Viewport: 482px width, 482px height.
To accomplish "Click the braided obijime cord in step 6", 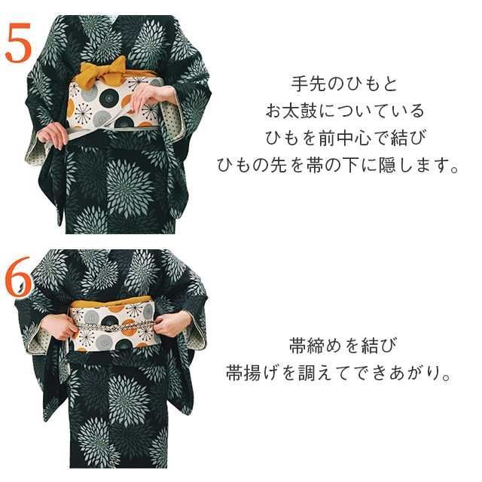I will click(113, 327).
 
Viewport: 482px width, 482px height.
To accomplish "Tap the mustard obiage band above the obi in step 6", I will click(113, 304).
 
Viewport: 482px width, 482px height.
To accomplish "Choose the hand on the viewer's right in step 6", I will click(172, 324).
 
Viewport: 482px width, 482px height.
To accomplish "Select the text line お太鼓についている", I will click(343, 111).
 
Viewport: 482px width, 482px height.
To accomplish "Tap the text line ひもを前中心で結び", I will click(343, 138).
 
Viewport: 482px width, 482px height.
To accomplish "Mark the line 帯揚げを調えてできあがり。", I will click(338, 374).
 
